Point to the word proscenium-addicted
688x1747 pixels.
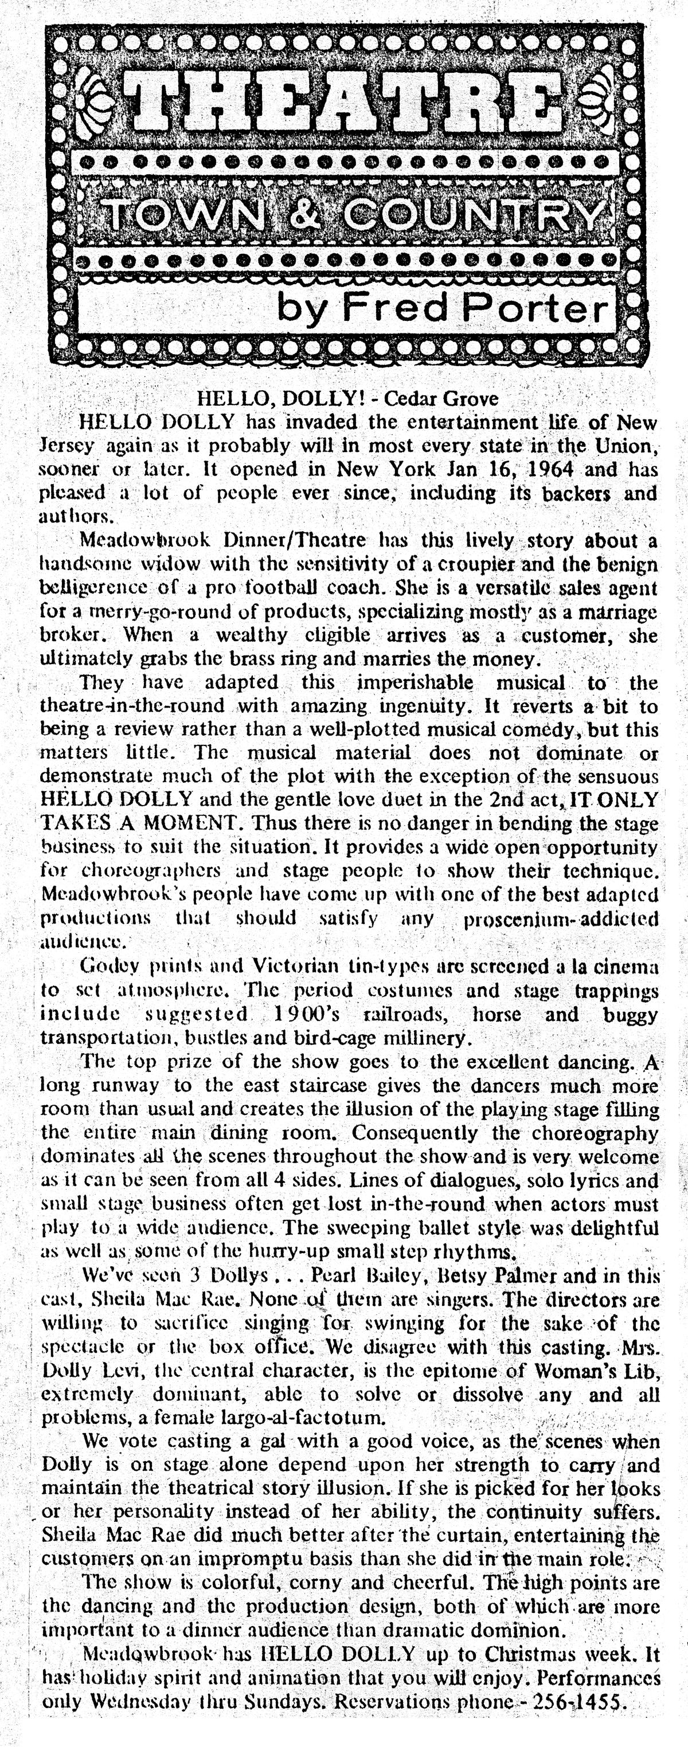561,919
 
